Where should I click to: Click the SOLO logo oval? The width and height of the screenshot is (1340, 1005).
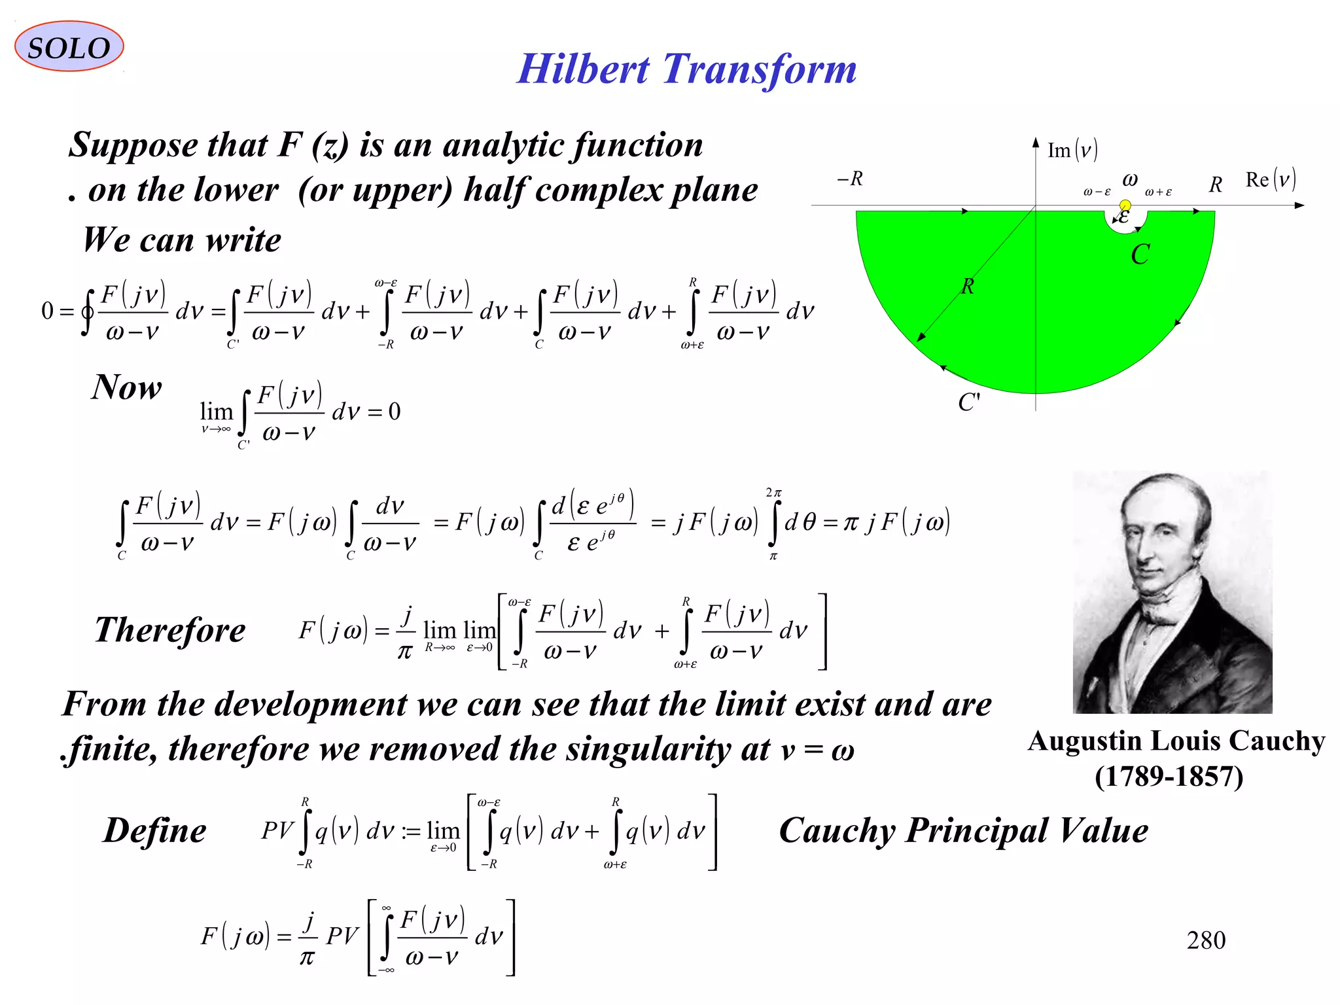click(69, 46)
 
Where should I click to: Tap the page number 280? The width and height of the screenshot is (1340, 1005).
click(1205, 940)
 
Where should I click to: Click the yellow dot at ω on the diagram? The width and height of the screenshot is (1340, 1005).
click(1125, 205)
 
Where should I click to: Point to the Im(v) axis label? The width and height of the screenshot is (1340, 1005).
click(1072, 150)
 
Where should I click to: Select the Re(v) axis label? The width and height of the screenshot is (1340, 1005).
click(1269, 179)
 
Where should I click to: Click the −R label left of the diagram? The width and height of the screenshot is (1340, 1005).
click(850, 178)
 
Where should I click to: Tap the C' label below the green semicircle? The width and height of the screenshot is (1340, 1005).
click(968, 402)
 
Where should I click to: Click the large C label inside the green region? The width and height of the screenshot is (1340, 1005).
click(1140, 255)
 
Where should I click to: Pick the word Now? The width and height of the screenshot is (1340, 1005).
click(126, 387)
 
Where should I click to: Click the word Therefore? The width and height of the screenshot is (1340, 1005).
click(170, 630)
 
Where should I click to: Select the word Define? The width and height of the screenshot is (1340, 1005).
click(155, 830)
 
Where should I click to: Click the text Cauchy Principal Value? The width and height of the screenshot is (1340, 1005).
click(962, 831)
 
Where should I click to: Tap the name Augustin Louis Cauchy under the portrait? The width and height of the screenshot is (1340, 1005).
click(1175, 741)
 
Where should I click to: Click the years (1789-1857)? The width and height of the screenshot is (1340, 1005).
click(1169, 777)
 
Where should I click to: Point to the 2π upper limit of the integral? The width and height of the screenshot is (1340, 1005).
click(773, 492)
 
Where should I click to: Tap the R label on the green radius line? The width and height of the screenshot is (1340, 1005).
click(967, 286)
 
